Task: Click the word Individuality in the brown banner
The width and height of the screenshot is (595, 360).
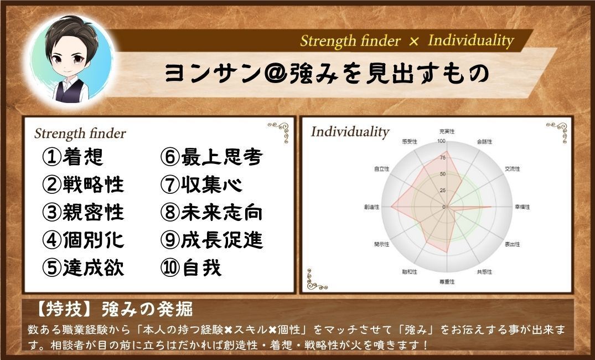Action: tap(470, 40)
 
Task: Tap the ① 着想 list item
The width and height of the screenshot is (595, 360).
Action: tap(73, 157)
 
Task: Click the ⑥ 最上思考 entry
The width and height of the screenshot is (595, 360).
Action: tap(211, 157)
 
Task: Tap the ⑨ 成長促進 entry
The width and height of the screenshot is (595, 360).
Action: tap(211, 240)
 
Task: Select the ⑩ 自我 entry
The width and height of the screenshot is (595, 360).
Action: tap(192, 268)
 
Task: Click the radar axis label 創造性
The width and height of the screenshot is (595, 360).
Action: tap(372, 207)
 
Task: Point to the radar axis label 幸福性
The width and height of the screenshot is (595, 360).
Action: tap(522, 207)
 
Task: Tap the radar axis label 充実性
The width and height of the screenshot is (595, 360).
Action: tap(447, 131)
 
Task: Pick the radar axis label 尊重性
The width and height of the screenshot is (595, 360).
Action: tap(447, 282)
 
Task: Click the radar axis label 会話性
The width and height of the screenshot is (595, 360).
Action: tap(485, 142)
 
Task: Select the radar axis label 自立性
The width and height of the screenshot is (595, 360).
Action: tap(382, 169)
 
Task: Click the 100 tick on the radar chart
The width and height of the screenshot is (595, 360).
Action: tap(441, 141)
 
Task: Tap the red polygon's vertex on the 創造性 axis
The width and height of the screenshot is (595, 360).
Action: tap(392, 207)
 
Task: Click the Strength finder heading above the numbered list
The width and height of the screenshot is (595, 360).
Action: tap(80, 134)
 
